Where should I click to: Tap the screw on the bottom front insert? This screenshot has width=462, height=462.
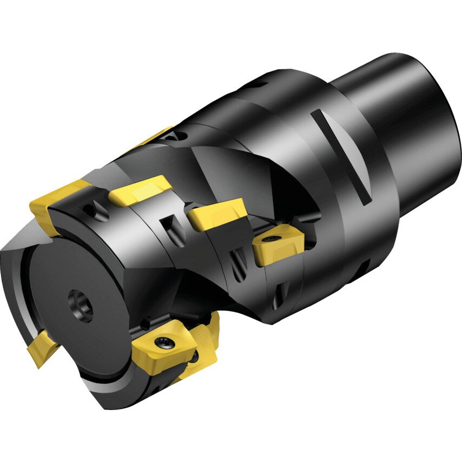tap(164, 341)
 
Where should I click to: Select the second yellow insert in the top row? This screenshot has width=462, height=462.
tap(140, 190)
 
